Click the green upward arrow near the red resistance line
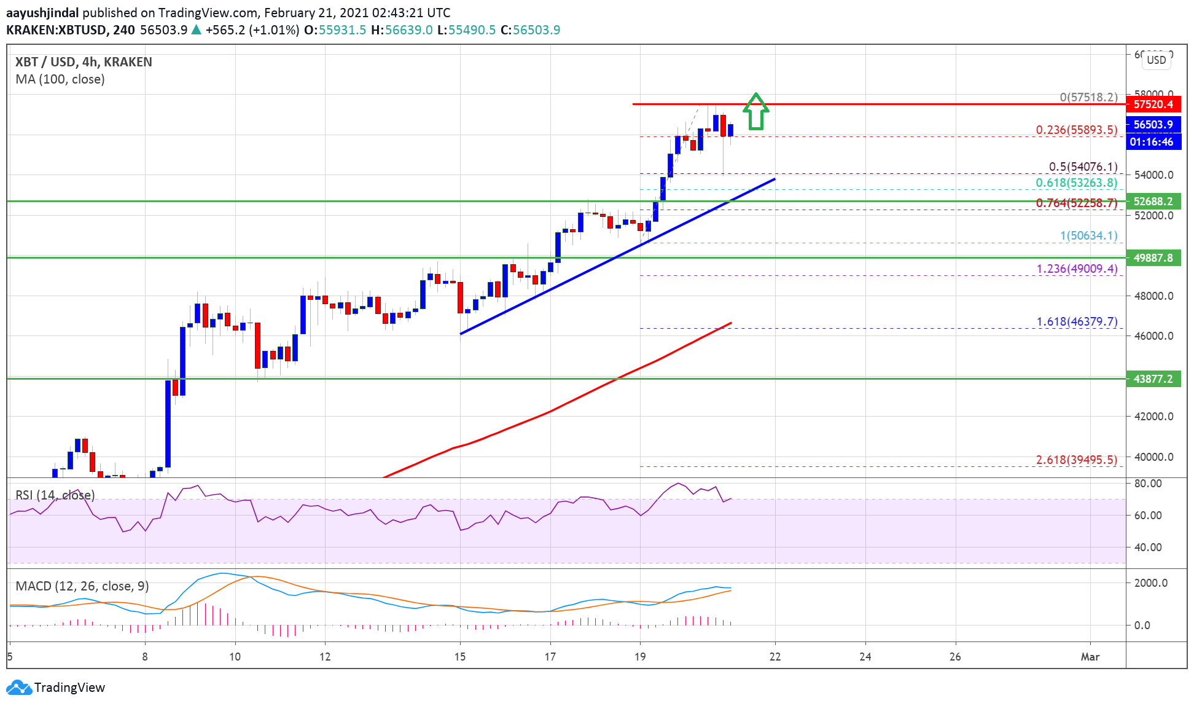point(756,112)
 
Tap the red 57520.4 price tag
point(1153,104)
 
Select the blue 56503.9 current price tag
point(1153,124)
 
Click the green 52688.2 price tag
point(1153,202)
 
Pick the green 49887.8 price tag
point(1153,258)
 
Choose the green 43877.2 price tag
point(1153,379)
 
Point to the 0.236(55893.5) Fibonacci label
point(1076,130)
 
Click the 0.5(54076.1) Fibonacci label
point(1082,167)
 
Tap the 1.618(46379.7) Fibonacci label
point(1077,321)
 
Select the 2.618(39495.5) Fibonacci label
point(1076,460)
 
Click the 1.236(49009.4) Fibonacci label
point(1077,269)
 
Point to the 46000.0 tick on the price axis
point(1153,336)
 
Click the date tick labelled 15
point(460,657)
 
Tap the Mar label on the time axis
point(1090,657)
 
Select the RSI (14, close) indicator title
point(55,495)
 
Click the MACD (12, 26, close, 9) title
point(82,586)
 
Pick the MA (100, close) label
point(60,79)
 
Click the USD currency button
point(1156,60)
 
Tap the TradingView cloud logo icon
point(18,688)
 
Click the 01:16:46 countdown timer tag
point(1151,142)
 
